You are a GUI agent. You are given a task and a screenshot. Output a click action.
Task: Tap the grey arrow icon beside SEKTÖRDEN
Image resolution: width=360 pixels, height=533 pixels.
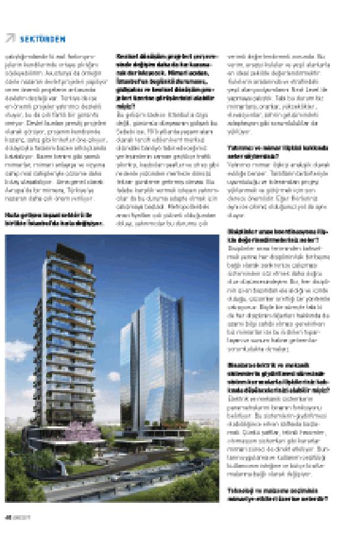coord(10,38)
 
